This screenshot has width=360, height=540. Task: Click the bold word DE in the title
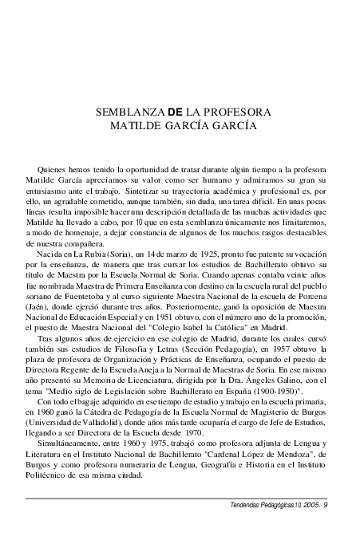click(176, 111)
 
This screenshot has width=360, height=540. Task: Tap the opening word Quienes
click(53, 170)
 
